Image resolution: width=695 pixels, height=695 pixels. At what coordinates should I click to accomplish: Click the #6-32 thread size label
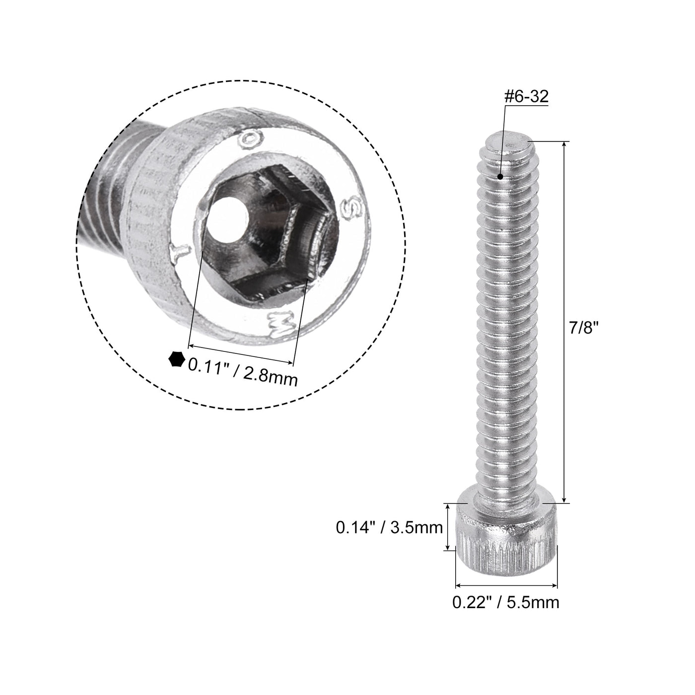(526, 97)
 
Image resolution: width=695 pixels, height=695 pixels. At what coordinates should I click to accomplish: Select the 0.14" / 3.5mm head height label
(389, 527)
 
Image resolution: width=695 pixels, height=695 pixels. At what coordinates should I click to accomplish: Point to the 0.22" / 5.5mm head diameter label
(505, 602)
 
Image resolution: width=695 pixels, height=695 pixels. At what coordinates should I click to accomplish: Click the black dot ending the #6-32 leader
(501, 176)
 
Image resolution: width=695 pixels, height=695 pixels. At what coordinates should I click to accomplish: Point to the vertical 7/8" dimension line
(564, 323)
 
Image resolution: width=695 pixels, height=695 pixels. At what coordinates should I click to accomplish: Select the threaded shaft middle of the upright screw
(505, 323)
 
